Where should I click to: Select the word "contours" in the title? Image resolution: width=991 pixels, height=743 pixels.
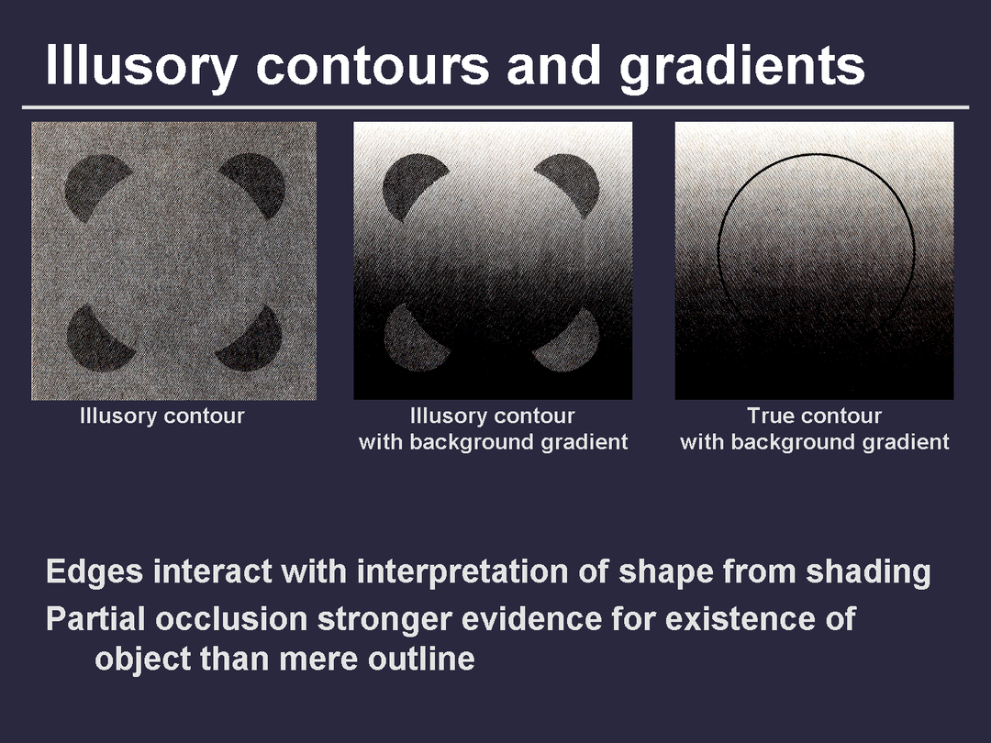pyautogui.click(x=373, y=66)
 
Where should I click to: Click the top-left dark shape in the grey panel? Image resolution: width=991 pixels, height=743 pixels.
pyautogui.click(x=95, y=187)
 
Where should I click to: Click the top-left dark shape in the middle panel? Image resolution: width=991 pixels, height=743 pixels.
pyautogui.click(x=412, y=185)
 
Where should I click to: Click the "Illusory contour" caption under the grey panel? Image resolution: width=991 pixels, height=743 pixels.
pyautogui.click(x=161, y=416)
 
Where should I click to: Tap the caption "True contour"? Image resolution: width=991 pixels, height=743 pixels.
pyautogui.click(x=814, y=416)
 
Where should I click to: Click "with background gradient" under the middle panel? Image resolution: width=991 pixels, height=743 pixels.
pyautogui.click(x=493, y=442)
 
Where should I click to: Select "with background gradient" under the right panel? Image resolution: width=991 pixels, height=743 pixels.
pyautogui.click(x=814, y=442)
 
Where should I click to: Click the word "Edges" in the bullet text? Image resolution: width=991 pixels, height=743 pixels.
pyautogui.click(x=95, y=571)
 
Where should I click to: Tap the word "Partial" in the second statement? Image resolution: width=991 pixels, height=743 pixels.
pyautogui.click(x=96, y=618)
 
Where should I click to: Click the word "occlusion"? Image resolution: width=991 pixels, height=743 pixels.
pyautogui.click(x=231, y=618)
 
